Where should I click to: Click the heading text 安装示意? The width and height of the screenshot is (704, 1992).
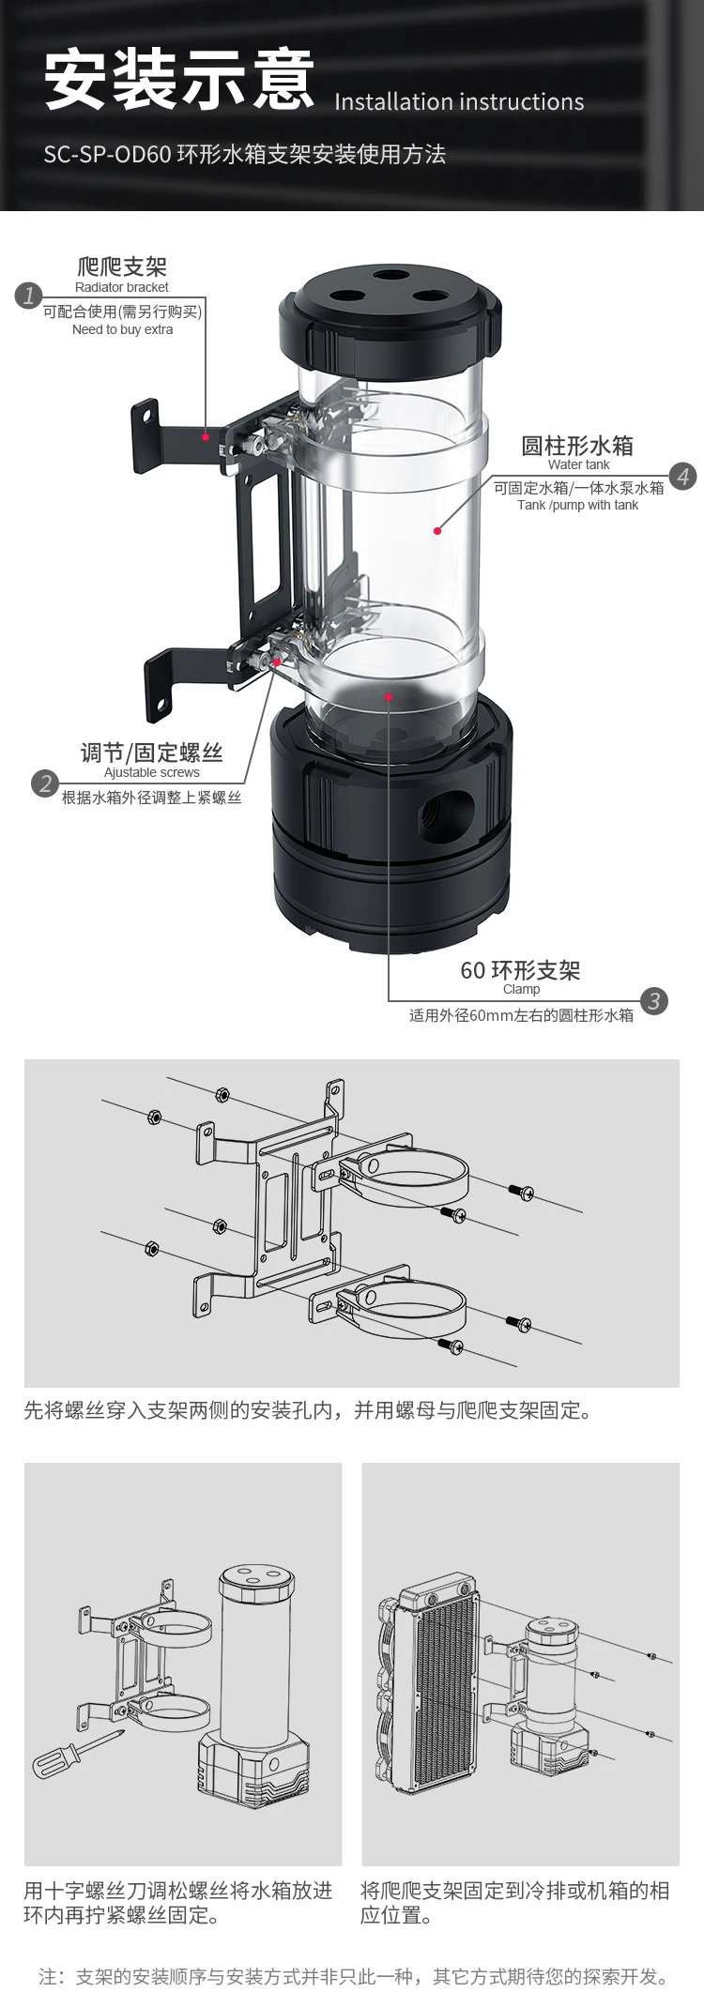179,80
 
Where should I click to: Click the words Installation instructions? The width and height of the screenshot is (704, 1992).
459,101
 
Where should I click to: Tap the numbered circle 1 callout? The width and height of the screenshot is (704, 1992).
29,296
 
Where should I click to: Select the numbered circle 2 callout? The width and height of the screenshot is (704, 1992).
45,783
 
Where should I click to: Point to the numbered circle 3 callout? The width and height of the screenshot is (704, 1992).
654,1000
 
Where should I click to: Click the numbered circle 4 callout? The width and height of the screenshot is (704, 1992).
683,477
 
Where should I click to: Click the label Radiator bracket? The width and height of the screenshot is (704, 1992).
122,287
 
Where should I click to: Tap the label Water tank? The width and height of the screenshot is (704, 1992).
579,464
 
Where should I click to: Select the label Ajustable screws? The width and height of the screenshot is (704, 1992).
152,772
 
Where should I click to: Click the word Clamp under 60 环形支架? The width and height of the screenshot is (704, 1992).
521,989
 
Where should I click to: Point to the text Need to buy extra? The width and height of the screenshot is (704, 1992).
122,329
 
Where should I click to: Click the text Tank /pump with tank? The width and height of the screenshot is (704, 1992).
577,505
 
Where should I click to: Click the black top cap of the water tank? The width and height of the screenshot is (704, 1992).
390,318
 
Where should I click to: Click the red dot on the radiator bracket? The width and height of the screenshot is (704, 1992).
206,436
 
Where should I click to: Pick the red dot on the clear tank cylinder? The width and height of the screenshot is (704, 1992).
437,531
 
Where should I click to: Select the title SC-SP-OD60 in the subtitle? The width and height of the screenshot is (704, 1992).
107,155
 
